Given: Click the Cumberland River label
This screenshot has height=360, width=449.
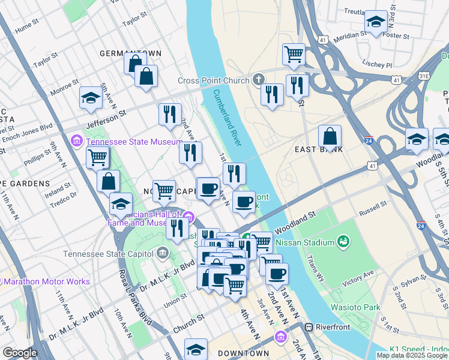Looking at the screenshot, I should pos(227,118).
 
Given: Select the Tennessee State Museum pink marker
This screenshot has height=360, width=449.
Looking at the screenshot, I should pos(77,142).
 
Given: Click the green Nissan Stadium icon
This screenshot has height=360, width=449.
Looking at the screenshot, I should pos(343,242).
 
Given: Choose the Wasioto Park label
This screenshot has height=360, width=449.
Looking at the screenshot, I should pos(355,307).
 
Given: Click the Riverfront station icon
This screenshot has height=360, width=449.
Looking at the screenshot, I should pos(309,328).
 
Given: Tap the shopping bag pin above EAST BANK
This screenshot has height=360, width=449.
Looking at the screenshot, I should pos(330,137).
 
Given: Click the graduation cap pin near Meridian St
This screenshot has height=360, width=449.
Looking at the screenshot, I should pos(376,22).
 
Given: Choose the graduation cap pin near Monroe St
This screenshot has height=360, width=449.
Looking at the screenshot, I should pos(91,98).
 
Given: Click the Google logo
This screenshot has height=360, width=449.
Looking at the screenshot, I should pos(20,353).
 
